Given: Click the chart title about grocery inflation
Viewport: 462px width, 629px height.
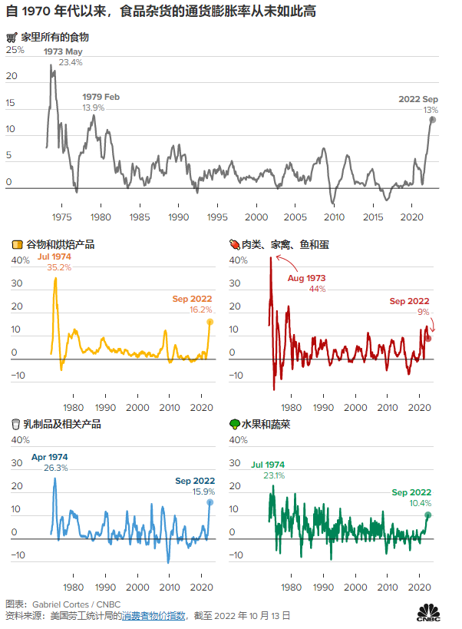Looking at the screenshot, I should [x=162, y=13].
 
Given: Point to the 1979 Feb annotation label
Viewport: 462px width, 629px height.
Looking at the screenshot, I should [x=101, y=102].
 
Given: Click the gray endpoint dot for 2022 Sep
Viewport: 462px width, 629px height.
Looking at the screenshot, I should [x=433, y=120].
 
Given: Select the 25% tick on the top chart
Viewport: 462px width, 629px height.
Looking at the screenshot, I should [x=15, y=50].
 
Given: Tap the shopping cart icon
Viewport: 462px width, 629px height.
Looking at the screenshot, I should [x=12, y=37].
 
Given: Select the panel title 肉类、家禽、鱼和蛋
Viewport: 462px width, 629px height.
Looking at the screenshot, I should [x=291, y=244].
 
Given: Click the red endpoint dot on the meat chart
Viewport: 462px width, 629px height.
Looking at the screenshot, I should [x=428, y=338].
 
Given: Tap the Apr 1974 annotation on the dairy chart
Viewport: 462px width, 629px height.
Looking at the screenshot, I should [x=49, y=462].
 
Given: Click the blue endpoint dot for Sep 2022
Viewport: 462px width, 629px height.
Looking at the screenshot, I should [x=210, y=502].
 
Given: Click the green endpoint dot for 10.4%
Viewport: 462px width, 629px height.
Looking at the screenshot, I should [x=428, y=515].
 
